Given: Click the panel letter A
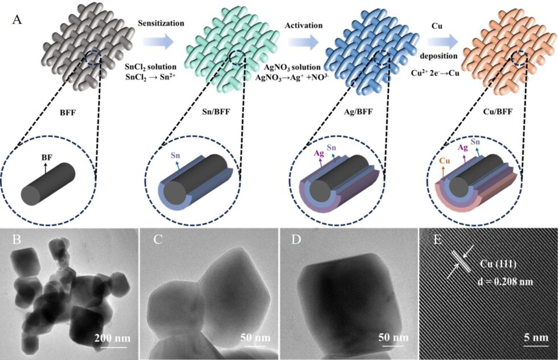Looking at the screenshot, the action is click(17, 19).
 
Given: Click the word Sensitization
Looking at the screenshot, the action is click(161, 23).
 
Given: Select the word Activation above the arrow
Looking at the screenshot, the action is click(303, 25).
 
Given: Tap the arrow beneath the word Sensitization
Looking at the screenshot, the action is click(158, 42).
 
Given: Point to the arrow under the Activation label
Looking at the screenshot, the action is click(303, 43).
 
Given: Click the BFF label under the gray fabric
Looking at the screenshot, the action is click(68, 112).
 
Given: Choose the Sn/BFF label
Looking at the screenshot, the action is click(216, 112).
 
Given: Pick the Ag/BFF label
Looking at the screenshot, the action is click(358, 112).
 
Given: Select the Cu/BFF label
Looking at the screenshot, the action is click(498, 112).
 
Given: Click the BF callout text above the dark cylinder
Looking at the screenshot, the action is click(47, 157).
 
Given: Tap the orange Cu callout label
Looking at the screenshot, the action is click(445, 161).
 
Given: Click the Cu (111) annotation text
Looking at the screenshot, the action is click(498, 264).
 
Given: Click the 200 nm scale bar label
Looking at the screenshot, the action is click(113, 338).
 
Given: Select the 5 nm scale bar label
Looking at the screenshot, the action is click(536, 337).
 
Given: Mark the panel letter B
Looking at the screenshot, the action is click(17, 240).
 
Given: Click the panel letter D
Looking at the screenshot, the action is click(296, 240).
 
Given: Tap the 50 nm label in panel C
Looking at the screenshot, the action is click(255, 337).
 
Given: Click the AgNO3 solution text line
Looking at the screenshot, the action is click(292, 67).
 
